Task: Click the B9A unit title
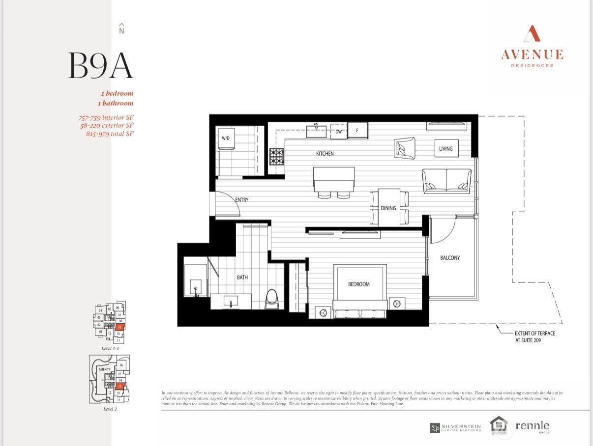click(101, 65)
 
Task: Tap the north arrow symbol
click(121, 28)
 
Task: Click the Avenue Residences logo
click(532, 46)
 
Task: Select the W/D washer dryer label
click(226, 139)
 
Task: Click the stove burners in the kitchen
click(276, 157)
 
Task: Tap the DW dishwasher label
click(339, 132)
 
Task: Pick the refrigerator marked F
click(357, 131)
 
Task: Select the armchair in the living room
click(404, 148)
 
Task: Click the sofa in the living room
click(446, 181)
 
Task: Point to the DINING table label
click(388, 208)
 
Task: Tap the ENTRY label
click(242, 200)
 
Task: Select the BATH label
click(242, 278)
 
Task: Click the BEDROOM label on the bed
click(359, 284)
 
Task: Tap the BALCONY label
click(450, 257)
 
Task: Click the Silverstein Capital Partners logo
click(456, 428)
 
